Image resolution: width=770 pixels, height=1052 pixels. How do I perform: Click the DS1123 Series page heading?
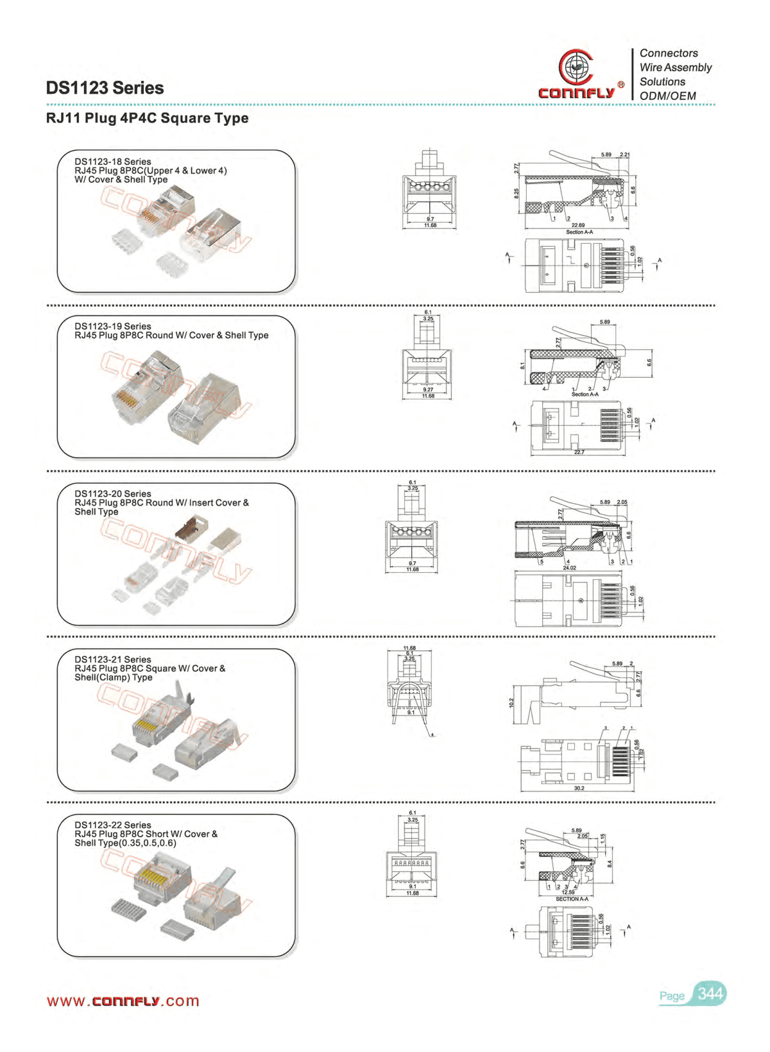coord(105,88)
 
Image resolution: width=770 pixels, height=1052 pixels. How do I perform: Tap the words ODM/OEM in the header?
coord(667,96)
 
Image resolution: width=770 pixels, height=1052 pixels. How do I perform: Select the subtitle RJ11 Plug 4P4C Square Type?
coord(147,118)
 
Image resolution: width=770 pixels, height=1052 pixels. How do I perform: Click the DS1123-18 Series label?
coord(113,162)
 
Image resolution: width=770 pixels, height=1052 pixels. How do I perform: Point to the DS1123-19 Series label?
coord(113,327)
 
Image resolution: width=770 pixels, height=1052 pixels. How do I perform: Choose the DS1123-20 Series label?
coord(113,494)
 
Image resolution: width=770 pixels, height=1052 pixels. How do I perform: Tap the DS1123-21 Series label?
coord(113,659)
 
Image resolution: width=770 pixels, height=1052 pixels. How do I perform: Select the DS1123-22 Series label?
coord(113,825)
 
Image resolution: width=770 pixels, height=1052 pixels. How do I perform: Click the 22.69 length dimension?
coord(577,225)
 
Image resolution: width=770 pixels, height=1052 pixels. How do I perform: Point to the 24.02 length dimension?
coord(569,568)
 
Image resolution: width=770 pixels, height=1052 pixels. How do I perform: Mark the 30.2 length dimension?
coord(579,788)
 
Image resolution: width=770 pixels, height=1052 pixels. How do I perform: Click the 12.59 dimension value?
coord(568,892)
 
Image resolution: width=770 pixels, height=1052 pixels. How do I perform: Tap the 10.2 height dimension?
coord(511,702)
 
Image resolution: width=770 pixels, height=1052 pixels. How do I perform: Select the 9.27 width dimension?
coord(428,389)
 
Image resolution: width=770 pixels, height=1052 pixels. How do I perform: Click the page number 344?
coord(710,994)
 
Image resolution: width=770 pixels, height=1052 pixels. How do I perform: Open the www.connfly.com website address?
coord(123,1001)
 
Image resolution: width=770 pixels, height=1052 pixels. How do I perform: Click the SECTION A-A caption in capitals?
coord(571,899)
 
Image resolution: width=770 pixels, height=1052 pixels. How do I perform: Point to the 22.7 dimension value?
coord(579,452)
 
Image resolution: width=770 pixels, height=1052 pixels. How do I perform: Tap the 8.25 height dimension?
coord(517,193)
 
